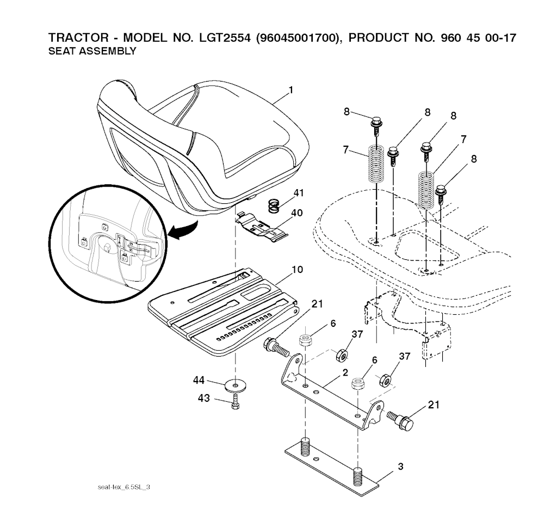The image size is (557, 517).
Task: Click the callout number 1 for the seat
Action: pos(291,90)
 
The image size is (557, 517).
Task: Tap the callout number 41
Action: pos(299,193)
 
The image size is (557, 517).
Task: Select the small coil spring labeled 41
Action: pos(273,206)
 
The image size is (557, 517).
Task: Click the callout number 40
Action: pos(297,213)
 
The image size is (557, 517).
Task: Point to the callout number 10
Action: pos(297,270)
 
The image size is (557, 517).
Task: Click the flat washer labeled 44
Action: pos(234,385)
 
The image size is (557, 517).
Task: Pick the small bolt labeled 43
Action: pos(235,402)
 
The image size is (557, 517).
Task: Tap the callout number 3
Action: pos(401,466)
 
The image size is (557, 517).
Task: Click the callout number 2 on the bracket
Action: pos(345,372)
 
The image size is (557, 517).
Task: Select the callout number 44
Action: pos(199,381)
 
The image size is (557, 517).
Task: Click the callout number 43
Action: pos(204,398)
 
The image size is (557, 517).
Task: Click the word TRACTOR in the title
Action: pos(78,38)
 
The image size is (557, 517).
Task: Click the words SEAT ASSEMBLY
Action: pos(92,51)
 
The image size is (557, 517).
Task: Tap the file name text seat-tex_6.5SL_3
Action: pos(123,487)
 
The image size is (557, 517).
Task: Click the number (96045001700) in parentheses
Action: pos(298,38)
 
